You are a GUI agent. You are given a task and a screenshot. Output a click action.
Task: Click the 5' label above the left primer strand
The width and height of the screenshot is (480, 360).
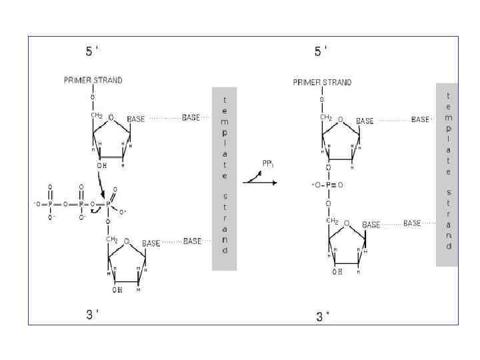(x=92, y=51)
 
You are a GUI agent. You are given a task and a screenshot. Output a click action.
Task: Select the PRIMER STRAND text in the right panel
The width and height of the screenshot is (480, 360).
(x=322, y=83)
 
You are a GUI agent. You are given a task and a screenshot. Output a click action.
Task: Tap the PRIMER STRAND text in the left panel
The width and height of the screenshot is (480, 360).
(x=93, y=80)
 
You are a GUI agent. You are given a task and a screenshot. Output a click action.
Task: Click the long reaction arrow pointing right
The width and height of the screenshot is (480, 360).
(x=259, y=181)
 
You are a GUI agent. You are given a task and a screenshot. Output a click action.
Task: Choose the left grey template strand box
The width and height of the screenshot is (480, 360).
(x=225, y=178)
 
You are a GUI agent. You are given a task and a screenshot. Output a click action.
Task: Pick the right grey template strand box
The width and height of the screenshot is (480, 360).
(x=447, y=175)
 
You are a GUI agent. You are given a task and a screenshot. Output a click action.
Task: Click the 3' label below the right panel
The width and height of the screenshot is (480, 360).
(x=323, y=317)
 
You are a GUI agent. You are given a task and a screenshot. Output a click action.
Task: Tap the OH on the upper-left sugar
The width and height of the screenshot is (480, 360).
(x=101, y=166)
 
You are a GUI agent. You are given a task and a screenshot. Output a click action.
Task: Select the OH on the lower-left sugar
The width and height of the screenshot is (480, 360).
(x=117, y=289)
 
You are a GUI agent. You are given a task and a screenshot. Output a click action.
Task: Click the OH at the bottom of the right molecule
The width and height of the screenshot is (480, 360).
(x=337, y=272)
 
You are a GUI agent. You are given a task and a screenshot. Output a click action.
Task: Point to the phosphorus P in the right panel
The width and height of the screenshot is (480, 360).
(x=329, y=185)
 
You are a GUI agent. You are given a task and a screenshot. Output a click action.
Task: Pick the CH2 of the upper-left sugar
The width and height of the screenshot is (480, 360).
(x=97, y=116)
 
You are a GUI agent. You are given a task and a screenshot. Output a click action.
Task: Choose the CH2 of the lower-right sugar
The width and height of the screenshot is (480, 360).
(x=332, y=221)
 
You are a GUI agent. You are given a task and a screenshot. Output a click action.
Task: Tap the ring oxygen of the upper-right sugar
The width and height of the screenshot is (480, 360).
(x=340, y=120)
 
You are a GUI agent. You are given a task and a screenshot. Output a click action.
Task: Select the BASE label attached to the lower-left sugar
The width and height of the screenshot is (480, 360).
(x=151, y=243)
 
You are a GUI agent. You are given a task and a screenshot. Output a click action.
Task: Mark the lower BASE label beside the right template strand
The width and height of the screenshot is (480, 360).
(x=412, y=223)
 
